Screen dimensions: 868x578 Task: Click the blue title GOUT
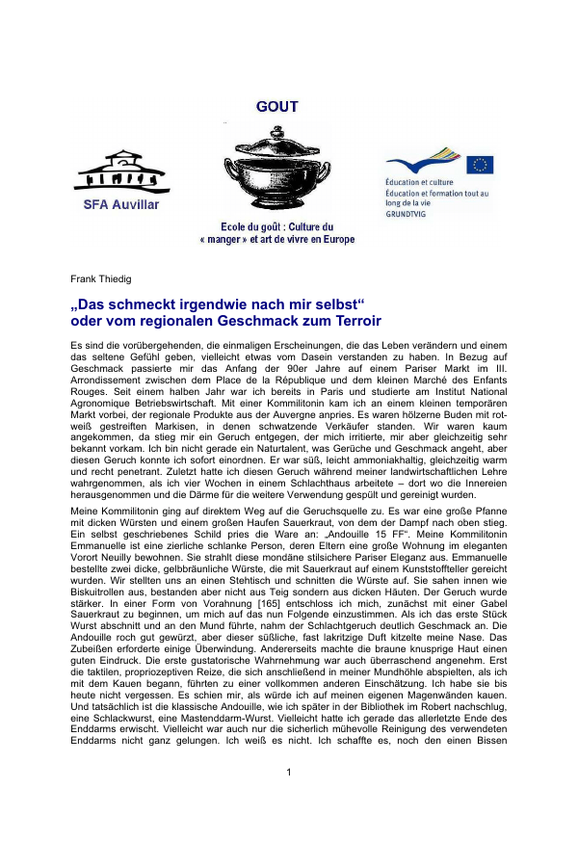click(x=276, y=107)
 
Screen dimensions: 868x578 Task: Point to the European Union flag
click(x=480, y=165)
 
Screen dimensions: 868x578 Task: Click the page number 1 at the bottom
click(x=289, y=827)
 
